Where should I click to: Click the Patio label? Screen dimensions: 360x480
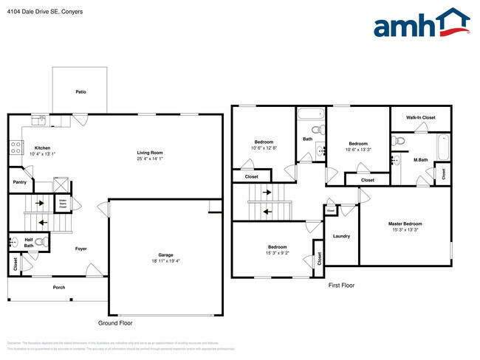[x=80, y=92]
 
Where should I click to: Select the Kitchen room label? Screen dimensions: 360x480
[x=42, y=148]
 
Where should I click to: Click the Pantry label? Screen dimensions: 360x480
[x=19, y=182]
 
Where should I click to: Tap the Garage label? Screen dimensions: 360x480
[x=165, y=255]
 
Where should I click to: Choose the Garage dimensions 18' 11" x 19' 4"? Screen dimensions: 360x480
[x=165, y=260]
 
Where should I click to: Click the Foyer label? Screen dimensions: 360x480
[x=81, y=249]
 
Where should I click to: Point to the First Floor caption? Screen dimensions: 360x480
[x=341, y=285]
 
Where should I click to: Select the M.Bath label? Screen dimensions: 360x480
[x=421, y=160]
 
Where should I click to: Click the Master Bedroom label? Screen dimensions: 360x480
[x=405, y=224]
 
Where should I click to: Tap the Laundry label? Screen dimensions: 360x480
[x=341, y=236]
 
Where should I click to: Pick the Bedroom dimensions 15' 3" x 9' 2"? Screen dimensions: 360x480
[x=278, y=253]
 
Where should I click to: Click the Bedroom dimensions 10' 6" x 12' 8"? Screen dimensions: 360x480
[x=264, y=148]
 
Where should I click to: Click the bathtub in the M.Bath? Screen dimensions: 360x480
[x=442, y=147]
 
